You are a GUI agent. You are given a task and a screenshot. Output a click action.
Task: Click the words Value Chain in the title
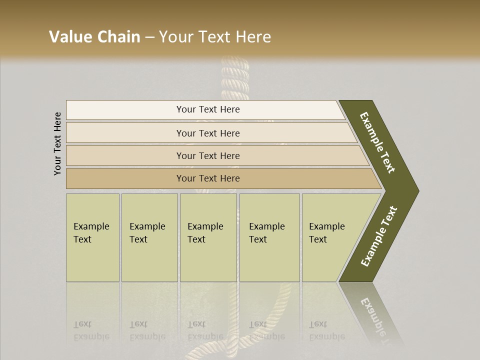tap(94, 37)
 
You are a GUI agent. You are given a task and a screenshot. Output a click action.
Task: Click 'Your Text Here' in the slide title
tap(215, 37)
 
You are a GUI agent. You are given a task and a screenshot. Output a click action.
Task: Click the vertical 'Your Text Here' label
tap(57, 143)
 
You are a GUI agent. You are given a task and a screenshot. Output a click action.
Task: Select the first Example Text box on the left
tap(92, 237)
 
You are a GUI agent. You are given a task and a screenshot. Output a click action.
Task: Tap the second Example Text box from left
tap(149, 237)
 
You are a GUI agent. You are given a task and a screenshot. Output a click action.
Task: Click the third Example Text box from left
tap(208, 237)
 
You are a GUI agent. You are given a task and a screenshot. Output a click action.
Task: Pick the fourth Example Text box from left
tap(269, 237)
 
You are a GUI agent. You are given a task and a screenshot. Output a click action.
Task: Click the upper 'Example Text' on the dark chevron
tap(377, 142)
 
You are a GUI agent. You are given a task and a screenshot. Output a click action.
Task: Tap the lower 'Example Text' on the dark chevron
tap(379, 236)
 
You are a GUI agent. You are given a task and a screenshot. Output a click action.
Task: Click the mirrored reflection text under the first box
tap(91, 330)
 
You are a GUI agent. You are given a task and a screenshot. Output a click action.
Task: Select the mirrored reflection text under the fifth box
tap(327, 330)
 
